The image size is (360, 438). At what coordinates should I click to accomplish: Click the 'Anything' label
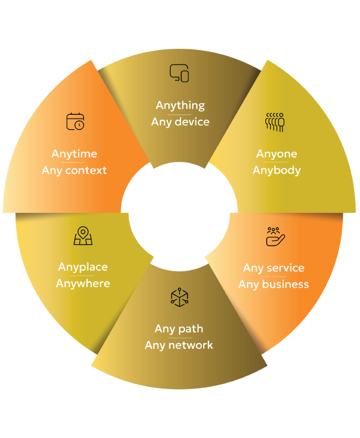[x=180, y=105]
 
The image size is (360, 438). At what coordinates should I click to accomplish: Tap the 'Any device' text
[x=180, y=121]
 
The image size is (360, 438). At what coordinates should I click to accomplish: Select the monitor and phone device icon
[x=179, y=73]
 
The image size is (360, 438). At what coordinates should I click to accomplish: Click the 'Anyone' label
[x=276, y=154]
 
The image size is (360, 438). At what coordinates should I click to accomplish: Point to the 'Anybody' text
[x=276, y=170]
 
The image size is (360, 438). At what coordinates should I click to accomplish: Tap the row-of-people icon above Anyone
[x=275, y=122]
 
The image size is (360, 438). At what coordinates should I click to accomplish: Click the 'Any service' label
[x=274, y=268]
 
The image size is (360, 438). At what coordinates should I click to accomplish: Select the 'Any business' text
[x=274, y=284]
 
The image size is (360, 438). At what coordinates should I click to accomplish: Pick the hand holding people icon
[x=275, y=236]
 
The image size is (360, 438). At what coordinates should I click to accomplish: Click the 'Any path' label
[x=179, y=329]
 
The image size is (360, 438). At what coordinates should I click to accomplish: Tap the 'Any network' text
[x=179, y=345]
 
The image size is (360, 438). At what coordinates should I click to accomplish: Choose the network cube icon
[x=179, y=297]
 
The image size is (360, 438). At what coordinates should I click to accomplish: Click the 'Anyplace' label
[x=83, y=267]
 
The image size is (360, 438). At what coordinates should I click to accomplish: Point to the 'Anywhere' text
[x=83, y=283]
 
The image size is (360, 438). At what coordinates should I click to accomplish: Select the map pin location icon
[x=83, y=236]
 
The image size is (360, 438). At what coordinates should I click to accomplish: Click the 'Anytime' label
[x=74, y=154]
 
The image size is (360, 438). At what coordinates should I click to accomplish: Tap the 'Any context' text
[x=74, y=170]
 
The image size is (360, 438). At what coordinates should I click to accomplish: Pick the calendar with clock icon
[x=75, y=121]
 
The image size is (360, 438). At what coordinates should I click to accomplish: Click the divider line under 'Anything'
[x=179, y=114]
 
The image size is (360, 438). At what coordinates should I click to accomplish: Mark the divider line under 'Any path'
[x=179, y=337]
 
